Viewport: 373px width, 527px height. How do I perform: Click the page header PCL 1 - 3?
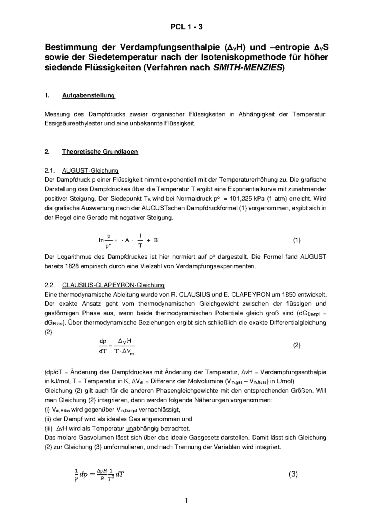pyautogui.click(x=186, y=27)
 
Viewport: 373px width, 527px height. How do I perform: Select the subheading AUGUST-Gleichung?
pyautogui.click(x=90, y=171)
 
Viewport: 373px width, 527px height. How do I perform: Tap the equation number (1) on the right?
pyautogui.click(x=297, y=240)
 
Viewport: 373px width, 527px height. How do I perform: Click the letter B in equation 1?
pyautogui.click(x=156, y=240)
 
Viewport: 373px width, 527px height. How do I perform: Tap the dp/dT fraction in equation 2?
pyautogui.click(x=103, y=346)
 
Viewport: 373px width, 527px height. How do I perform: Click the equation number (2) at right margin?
pyautogui.click(x=297, y=345)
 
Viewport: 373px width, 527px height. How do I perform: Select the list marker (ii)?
pyautogui.click(x=48, y=419)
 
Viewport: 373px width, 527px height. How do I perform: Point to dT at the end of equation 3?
pyautogui.click(x=120, y=474)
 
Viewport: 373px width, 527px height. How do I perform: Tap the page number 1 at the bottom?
pyautogui.click(x=186, y=501)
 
